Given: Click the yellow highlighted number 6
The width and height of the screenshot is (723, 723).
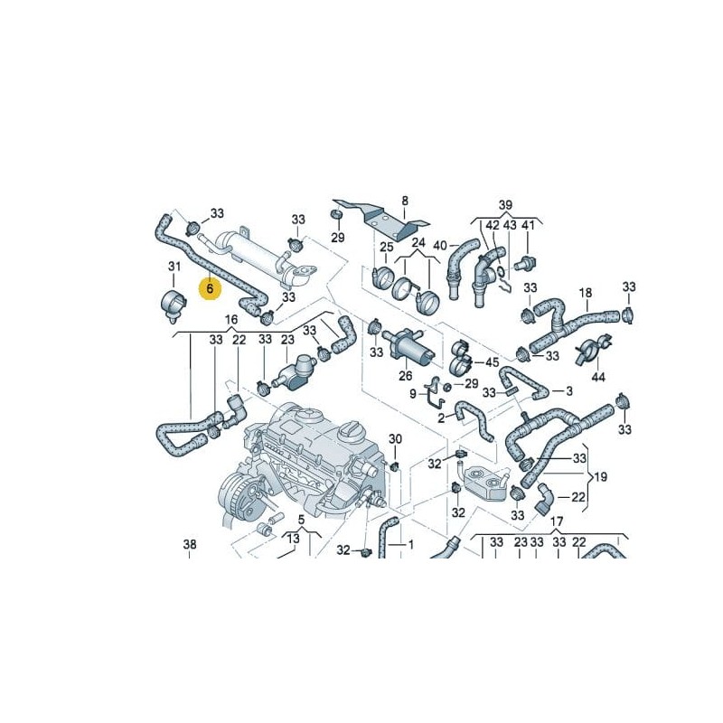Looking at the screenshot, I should [x=210, y=289].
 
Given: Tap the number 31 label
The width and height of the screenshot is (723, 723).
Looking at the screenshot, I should [x=174, y=266].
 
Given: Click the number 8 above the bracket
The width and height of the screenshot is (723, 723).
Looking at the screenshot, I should [x=405, y=201].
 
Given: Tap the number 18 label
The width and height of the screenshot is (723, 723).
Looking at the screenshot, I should [x=586, y=293].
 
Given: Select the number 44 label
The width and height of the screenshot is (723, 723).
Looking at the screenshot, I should [x=598, y=375].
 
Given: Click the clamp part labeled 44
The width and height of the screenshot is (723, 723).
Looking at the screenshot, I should [x=594, y=346].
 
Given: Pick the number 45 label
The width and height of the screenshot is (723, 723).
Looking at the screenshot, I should [x=492, y=362].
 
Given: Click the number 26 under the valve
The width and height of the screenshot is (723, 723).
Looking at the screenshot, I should [x=405, y=375].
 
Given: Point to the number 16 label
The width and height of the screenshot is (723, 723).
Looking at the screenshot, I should [x=231, y=320].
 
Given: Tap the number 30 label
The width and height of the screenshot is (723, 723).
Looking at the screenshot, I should [x=395, y=439].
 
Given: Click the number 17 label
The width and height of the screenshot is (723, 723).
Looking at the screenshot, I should [x=557, y=521].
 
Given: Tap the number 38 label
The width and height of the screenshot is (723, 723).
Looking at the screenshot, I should [x=189, y=544].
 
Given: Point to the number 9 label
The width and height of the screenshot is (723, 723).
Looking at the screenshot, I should [x=413, y=394].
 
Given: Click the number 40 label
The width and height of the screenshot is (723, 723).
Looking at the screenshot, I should [x=440, y=245].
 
